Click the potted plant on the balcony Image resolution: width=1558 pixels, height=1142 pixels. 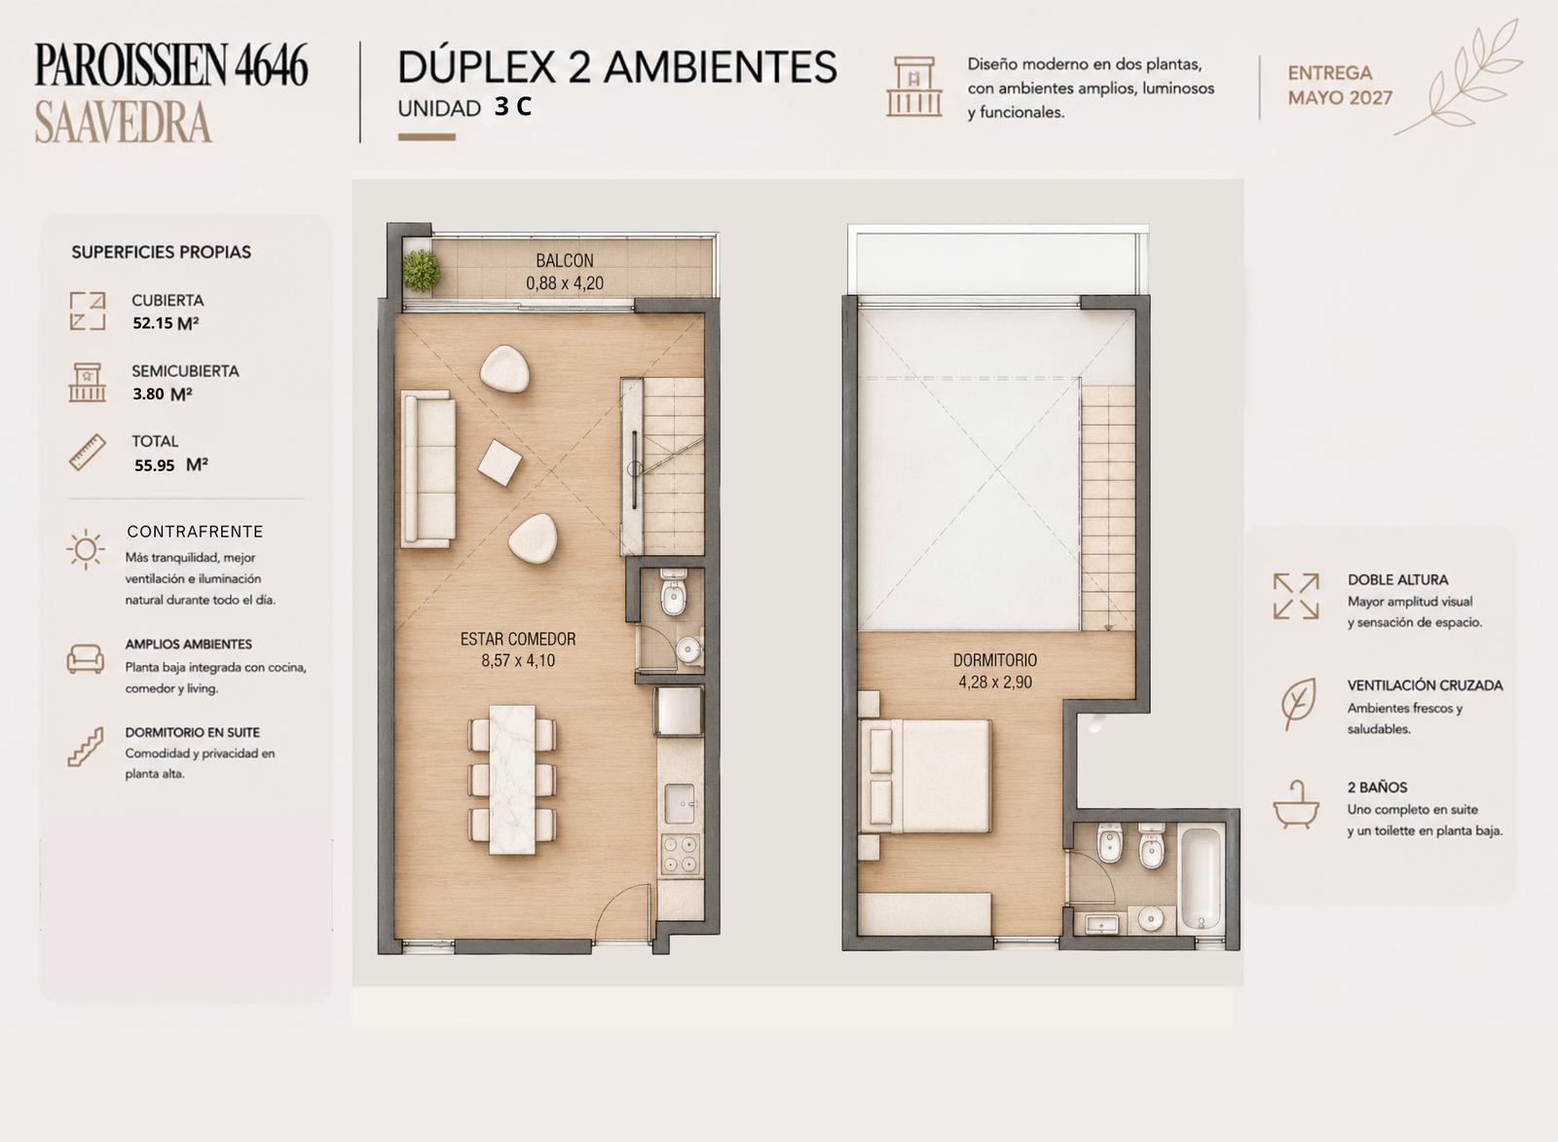pyautogui.click(x=422, y=271)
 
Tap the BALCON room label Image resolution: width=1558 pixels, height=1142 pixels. pyautogui.click(x=564, y=261)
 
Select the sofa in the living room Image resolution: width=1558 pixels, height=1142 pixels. pyautogui.click(x=427, y=469)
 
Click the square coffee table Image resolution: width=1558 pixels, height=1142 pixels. pyautogui.click(x=500, y=462)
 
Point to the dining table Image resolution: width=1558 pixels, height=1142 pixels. pyautogui.click(x=512, y=780)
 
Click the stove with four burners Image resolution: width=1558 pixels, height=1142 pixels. pyautogui.click(x=680, y=854)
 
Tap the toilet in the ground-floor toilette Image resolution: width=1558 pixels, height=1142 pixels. pyautogui.click(x=673, y=593)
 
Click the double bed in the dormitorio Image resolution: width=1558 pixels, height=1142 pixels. pyautogui.click(x=926, y=776)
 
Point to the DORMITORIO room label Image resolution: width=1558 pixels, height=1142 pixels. pyautogui.click(x=994, y=660)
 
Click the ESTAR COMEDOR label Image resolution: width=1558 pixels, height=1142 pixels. pyautogui.click(x=518, y=639)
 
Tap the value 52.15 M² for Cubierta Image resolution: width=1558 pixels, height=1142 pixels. pyautogui.click(x=166, y=323)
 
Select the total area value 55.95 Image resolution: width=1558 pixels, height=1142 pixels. pyautogui.click(x=155, y=465)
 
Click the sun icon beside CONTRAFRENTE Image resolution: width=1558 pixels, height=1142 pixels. pyautogui.click(x=86, y=550)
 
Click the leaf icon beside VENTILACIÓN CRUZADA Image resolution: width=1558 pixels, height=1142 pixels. pyautogui.click(x=1298, y=704)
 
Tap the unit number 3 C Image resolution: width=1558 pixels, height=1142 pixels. pyautogui.click(x=513, y=106)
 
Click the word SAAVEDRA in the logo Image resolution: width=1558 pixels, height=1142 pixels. pyautogui.click(x=123, y=123)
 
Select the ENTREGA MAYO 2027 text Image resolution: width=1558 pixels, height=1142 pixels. pyautogui.click(x=1340, y=86)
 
